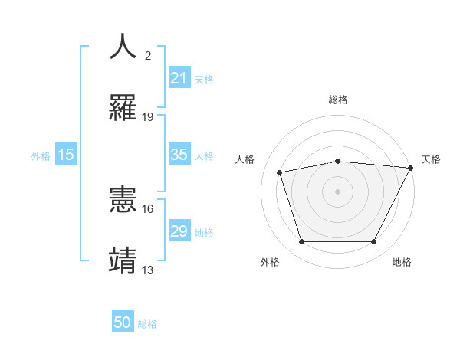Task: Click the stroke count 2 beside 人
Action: tap(148, 56)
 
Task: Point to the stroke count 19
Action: tap(148, 116)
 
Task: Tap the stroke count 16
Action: tap(148, 208)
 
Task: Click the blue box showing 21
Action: tap(179, 77)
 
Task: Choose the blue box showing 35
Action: tap(179, 155)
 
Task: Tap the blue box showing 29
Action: tap(179, 231)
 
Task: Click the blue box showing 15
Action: tap(66, 155)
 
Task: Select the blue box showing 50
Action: tap(123, 322)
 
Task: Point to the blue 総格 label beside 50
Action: tap(148, 324)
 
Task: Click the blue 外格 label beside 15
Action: tap(41, 156)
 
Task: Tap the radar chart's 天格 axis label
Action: tap(431, 159)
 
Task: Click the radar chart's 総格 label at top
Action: tap(338, 100)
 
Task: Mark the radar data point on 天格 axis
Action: tap(412, 168)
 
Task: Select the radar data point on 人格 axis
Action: tap(280, 172)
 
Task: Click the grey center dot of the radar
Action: tap(338, 191)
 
